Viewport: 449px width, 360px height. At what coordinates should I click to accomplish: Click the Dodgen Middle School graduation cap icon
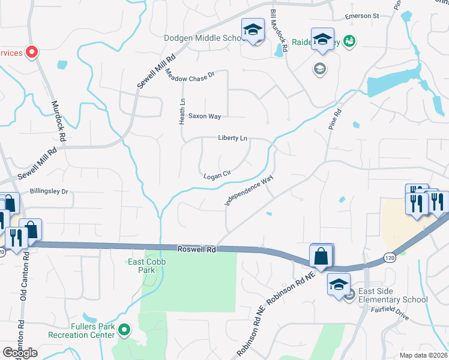[253, 30]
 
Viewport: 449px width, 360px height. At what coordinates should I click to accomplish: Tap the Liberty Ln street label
[233, 139]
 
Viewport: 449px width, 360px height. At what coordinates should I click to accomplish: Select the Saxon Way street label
[205, 116]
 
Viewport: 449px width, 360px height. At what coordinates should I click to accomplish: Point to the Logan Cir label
[217, 175]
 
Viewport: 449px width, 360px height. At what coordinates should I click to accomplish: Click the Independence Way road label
[249, 191]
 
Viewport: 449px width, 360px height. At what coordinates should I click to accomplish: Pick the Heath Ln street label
[182, 112]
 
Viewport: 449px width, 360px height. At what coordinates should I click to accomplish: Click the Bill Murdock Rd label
[280, 31]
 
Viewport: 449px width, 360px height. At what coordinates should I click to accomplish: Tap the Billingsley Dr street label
[49, 192]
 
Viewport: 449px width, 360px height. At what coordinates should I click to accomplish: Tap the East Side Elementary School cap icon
[339, 284]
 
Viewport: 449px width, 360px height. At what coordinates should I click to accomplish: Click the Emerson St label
[362, 16]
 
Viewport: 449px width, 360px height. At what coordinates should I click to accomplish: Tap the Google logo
[20, 353]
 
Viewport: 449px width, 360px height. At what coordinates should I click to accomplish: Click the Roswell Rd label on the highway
[196, 248]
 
